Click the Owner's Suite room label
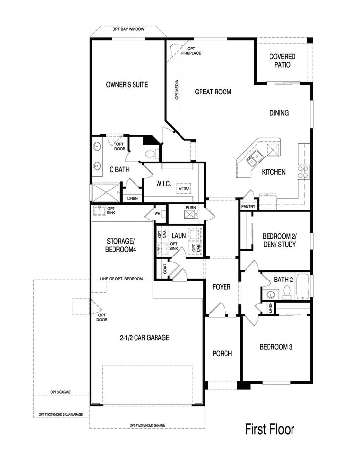click(127, 84)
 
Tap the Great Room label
click(213, 92)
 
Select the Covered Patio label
click(282, 60)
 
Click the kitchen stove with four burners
click(303, 172)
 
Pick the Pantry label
click(248, 206)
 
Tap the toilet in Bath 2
click(287, 292)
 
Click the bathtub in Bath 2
click(303, 286)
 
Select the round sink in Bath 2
click(270, 295)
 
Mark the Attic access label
click(183, 188)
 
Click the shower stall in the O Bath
click(106, 192)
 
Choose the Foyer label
click(221, 287)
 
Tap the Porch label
click(222, 353)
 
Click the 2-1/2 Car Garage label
click(145, 338)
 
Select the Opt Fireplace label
click(191, 51)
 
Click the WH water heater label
click(157, 214)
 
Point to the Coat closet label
click(165, 269)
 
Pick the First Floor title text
click(270, 429)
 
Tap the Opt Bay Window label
click(128, 29)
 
